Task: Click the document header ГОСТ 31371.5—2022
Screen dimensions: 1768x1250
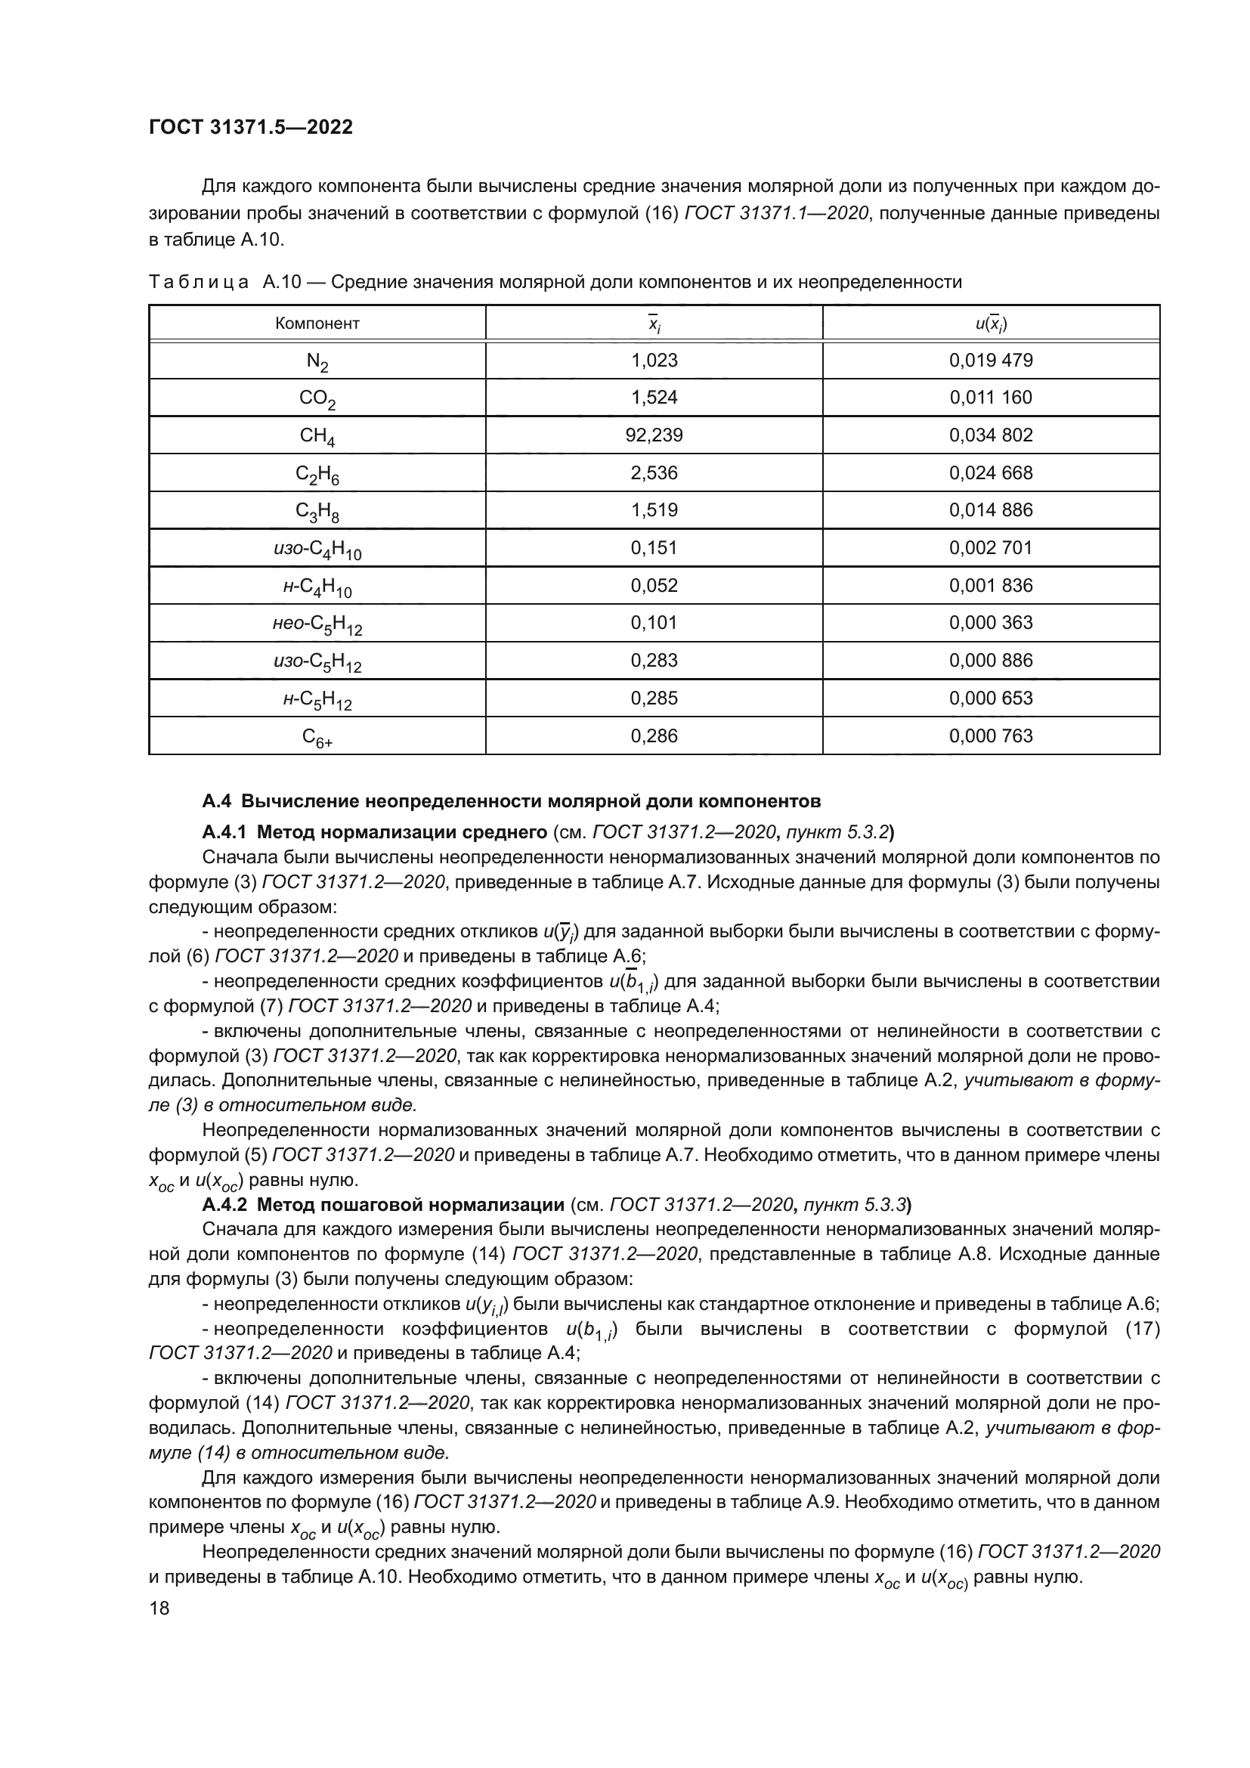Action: pyautogui.click(x=251, y=128)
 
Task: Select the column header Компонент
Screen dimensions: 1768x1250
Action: pyautogui.click(x=317, y=324)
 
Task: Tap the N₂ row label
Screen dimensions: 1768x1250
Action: pyautogui.click(x=317, y=361)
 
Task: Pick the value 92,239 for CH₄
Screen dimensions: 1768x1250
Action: pyautogui.click(x=654, y=436)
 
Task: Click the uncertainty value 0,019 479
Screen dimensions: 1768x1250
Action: pyautogui.click(x=991, y=361)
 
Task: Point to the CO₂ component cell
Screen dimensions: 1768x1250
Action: pyautogui.click(x=317, y=399)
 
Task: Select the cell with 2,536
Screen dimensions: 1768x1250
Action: pyautogui.click(x=654, y=472)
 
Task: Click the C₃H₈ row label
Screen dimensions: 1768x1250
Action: pyautogui.click(x=317, y=511)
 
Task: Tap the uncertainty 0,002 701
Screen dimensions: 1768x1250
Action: pyautogui.click(x=991, y=548)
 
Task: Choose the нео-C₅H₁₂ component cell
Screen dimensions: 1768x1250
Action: pyautogui.click(x=317, y=624)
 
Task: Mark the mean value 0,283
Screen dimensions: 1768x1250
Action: pyautogui.click(x=654, y=661)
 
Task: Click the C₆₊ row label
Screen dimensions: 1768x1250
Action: pyautogui.click(x=317, y=738)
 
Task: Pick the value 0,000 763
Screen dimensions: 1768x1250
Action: pyautogui.click(x=991, y=736)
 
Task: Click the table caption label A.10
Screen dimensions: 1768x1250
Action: pyautogui.click(x=281, y=283)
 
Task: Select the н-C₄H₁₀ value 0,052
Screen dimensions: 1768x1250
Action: pyautogui.click(x=654, y=586)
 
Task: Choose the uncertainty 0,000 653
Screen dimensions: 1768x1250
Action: pyautogui.click(x=991, y=698)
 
